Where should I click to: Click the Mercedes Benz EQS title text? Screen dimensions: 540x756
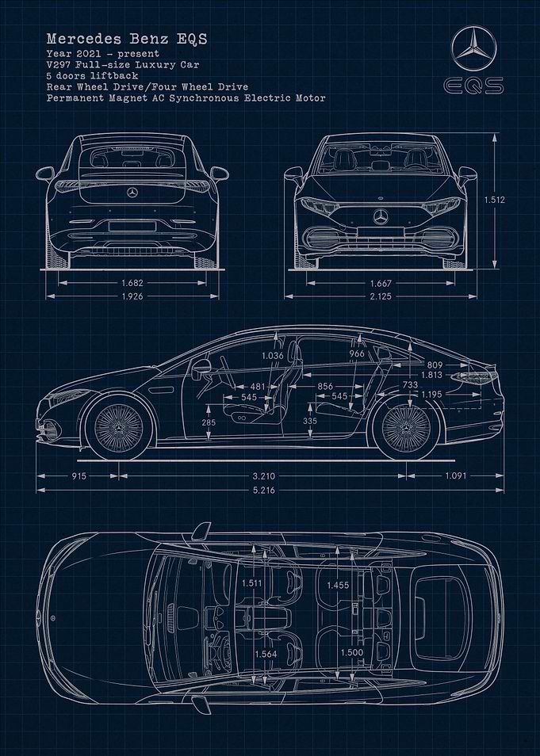(x=127, y=39)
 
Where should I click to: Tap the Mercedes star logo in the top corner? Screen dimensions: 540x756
(x=474, y=48)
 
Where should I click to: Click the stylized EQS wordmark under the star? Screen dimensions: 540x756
(x=474, y=86)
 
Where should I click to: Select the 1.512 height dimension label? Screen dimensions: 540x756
(x=495, y=200)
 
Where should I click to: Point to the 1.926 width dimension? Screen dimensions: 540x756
(x=132, y=296)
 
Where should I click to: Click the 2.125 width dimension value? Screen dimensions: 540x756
(x=381, y=296)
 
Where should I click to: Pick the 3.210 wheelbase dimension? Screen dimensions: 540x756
(x=263, y=476)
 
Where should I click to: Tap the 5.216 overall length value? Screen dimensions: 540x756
(x=263, y=491)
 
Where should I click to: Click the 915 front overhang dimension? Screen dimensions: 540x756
(x=79, y=476)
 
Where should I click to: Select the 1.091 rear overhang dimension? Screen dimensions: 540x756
(x=455, y=476)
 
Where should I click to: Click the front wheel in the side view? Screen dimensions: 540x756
(x=119, y=428)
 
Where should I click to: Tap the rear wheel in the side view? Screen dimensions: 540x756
(x=406, y=428)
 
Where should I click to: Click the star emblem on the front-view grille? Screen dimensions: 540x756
(x=381, y=217)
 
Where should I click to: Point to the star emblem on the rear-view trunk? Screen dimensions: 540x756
(x=132, y=193)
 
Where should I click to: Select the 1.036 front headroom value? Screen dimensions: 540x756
(x=273, y=355)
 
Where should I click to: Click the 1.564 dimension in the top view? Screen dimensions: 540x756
(x=266, y=654)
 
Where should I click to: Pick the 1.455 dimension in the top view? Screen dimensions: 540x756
(x=338, y=586)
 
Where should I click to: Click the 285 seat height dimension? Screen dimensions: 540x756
(x=209, y=422)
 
